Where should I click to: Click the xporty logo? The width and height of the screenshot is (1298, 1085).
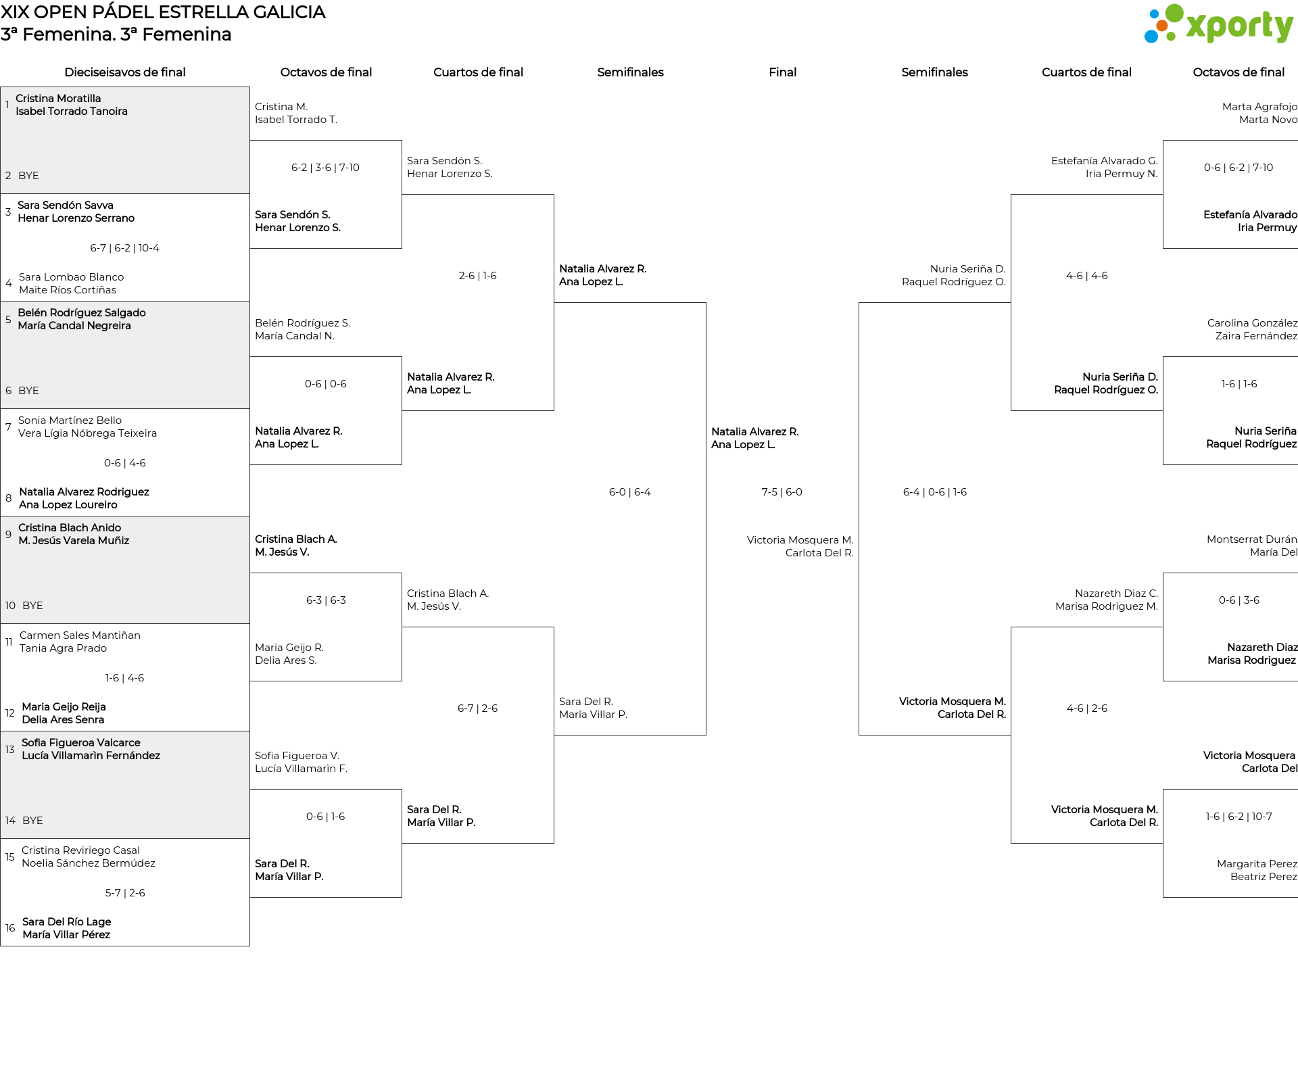pos(1218,24)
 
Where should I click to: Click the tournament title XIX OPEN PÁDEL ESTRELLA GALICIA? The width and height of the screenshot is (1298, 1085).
pos(163,12)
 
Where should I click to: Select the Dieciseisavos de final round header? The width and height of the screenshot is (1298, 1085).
pos(125,72)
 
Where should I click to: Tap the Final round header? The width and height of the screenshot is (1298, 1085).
pos(782,72)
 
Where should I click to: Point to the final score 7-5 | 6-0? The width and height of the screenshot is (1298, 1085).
pos(782,492)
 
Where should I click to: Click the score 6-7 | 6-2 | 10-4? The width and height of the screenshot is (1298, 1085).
pos(125,248)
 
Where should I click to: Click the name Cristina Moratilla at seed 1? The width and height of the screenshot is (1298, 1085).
pos(58,99)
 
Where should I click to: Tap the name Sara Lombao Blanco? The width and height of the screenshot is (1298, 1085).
pos(72,277)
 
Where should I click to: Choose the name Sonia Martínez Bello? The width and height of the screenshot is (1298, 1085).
pos(70,420)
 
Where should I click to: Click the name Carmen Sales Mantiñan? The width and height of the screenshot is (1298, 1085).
pos(80,635)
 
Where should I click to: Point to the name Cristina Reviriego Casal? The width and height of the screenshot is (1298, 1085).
pos(80,850)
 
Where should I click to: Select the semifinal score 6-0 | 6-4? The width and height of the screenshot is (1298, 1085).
pos(630,492)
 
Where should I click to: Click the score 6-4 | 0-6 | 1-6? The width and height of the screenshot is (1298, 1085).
pos(935,492)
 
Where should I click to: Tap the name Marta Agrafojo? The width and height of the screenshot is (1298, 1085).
pos(1259,107)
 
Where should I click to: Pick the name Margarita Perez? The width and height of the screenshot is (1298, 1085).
pos(1257,864)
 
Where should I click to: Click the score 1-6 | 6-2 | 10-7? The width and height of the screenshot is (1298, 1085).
pos(1239,817)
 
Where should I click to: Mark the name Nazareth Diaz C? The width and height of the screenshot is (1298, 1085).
pos(1116,594)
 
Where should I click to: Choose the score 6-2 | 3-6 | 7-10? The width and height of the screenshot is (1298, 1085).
pos(326,168)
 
